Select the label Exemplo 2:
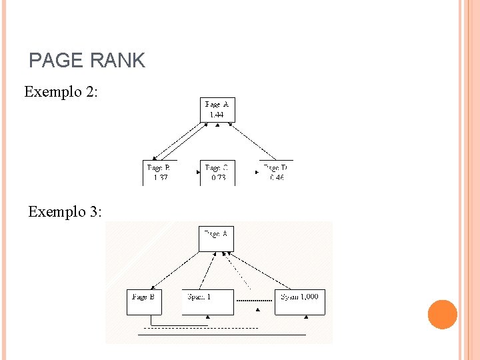61,92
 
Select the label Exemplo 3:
65,212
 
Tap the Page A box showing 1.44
217,110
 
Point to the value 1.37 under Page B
160,178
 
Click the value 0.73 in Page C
218,178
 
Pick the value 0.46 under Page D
276,178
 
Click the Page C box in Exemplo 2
217,172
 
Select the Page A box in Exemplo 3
216,239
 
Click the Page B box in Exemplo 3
144,302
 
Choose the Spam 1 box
208,302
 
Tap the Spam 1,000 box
300,302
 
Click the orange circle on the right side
443,315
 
